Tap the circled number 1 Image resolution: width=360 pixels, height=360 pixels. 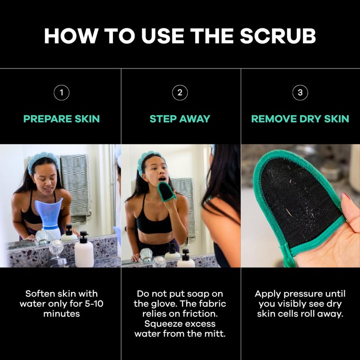tap(61, 93)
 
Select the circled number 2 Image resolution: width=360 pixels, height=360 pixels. tap(180, 93)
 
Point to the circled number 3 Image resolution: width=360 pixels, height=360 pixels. tap(300, 93)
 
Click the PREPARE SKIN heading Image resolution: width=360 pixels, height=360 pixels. tap(62, 119)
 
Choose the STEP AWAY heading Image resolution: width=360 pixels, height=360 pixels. tap(180, 119)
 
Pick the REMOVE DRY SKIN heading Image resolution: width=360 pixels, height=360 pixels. tap(300, 119)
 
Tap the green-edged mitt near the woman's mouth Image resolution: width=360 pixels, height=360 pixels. tap(167, 191)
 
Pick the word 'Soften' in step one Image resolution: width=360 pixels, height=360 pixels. tap(41, 294)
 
